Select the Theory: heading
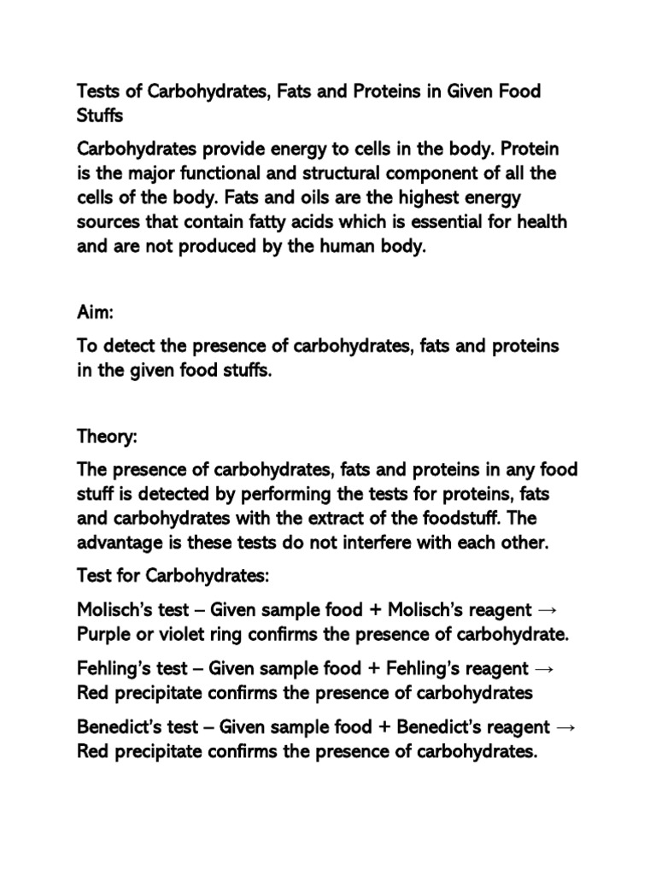[107, 437]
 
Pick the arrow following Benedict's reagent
[565, 727]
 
